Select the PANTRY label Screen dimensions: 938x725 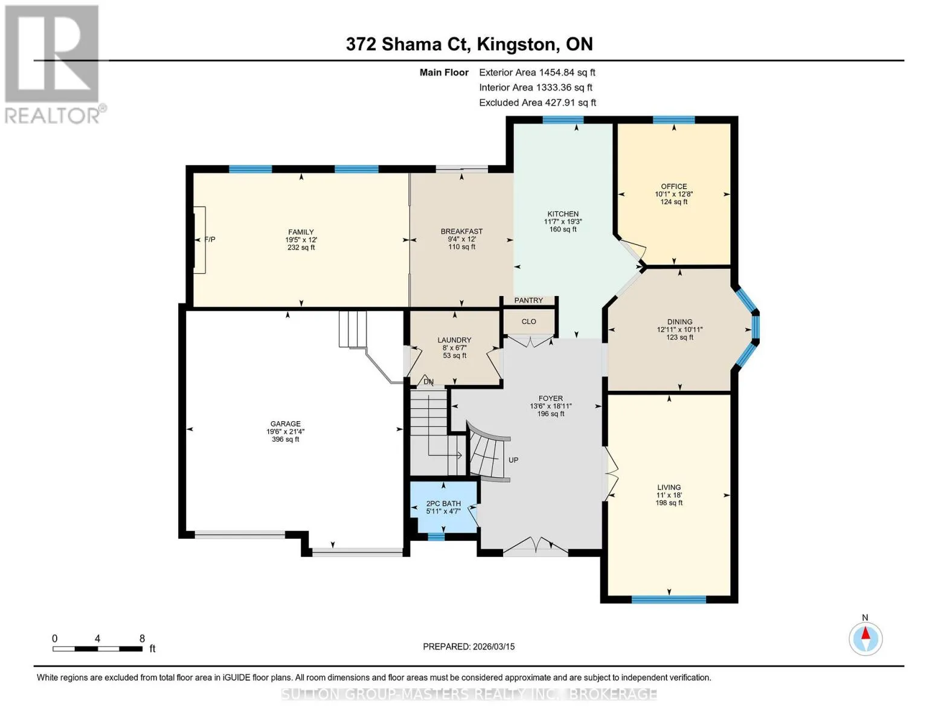click(x=528, y=300)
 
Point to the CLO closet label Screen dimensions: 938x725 click(x=528, y=321)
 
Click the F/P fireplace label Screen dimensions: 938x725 click(x=210, y=239)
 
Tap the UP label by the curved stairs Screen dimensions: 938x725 click(x=513, y=460)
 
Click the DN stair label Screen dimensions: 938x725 click(x=428, y=382)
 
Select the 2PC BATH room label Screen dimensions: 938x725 click(x=443, y=503)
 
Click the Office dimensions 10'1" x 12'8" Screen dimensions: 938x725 click(x=674, y=195)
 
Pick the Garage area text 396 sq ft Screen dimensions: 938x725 click(x=285, y=439)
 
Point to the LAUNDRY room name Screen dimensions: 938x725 click(x=454, y=340)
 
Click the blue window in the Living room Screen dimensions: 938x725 click(x=669, y=599)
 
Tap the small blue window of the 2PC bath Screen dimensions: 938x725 click(x=436, y=536)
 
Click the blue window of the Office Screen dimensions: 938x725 click(x=674, y=120)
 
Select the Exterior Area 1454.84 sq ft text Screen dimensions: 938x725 click(x=537, y=72)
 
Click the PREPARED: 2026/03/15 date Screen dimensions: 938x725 click(x=469, y=646)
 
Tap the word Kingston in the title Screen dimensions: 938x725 click(x=516, y=45)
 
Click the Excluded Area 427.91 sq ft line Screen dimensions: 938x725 click(x=538, y=103)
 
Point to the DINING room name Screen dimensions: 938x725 click(x=680, y=321)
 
